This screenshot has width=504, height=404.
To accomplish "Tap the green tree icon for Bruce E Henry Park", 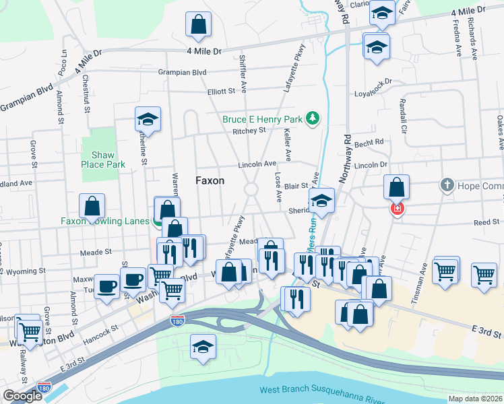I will pyautogui.click(x=312, y=119).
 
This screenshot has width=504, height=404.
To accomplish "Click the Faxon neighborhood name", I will pyautogui.click(x=210, y=180).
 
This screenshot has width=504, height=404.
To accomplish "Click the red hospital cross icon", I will pyautogui.click(x=397, y=209).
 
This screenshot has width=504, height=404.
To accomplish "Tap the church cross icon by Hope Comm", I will pyautogui.click(x=446, y=185).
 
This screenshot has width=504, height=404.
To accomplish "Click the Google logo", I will pyautogui.click(x=22, y=396).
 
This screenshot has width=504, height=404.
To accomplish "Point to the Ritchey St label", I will pyautogui.click(x=249, y=131).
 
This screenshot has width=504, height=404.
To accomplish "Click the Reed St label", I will pyautogui.click(x=486, y=222).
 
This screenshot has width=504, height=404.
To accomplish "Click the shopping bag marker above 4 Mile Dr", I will pyautogui.click(x=199, y=26).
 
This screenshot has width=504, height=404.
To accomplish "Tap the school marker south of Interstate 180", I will pyautogui.click(x=203, y=347).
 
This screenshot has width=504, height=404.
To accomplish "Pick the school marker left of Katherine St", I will pyautogui.click(x=148, y=121).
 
